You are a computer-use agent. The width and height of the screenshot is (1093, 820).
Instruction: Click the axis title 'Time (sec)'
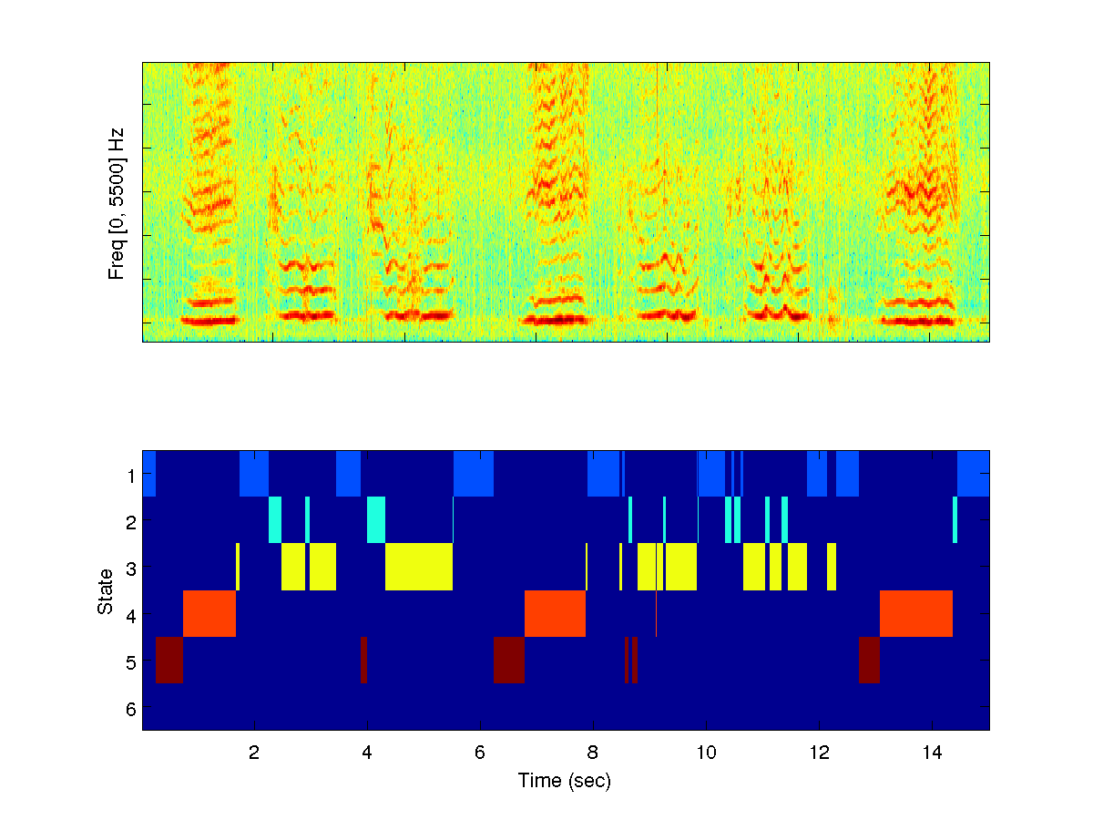[x=565, y=781]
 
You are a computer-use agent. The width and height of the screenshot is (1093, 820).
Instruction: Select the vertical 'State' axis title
[x=106, y=590]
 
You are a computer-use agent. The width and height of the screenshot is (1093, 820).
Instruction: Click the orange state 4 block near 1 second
[x=209, y=613]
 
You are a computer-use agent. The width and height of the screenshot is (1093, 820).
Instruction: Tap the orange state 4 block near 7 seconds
[x=555, y=613]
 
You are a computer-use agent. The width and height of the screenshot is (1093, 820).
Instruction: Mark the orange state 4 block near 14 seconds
[x=915, y=613]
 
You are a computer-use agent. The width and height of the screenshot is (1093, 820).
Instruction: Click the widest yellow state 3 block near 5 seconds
[x=419, y=567]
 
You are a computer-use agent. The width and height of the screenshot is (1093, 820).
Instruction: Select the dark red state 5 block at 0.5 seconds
[x=169, y=660]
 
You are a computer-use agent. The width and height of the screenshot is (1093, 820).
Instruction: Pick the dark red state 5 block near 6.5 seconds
[x=508, y=660]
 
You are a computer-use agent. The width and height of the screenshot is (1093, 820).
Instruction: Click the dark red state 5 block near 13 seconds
[x=869, y=660]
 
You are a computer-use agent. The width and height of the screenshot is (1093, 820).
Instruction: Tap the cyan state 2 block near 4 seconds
[x=376, y=519]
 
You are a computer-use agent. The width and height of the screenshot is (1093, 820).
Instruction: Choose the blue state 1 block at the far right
[x=973, y=474]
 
